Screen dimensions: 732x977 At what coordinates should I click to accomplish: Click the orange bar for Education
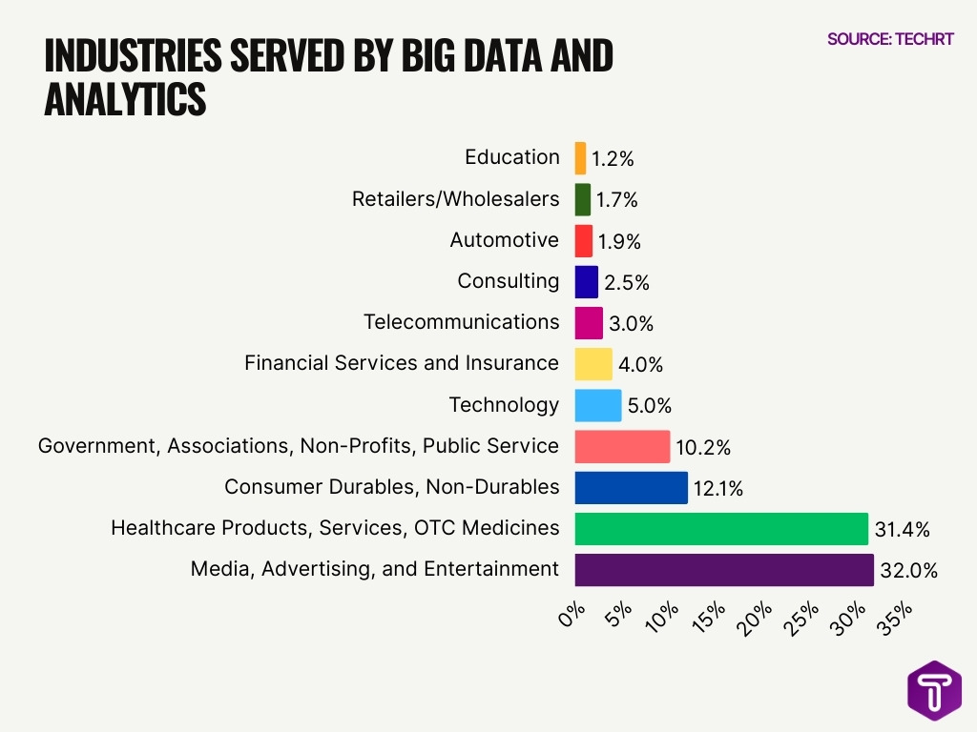click(x=580, y=158)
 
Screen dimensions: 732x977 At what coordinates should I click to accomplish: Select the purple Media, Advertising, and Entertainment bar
click(x=724, y=570)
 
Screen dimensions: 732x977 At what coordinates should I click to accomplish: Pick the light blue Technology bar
click(x=598, y=405)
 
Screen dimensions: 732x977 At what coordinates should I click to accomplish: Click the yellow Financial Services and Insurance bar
click(x=593, y=364)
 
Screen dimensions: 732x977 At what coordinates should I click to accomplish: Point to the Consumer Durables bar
click(x=631, y=487)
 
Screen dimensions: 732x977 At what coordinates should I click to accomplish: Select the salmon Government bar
click(x=622, y=446)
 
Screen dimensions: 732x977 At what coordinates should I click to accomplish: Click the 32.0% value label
click(x=909, y=571)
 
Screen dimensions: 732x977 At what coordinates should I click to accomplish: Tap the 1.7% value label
click(x=617, y=200)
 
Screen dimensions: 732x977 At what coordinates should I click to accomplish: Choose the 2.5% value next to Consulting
click(x=627, y=282)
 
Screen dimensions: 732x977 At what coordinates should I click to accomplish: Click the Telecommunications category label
click(x=461, y=322)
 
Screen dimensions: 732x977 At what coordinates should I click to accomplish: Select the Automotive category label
click(x=504, y=240)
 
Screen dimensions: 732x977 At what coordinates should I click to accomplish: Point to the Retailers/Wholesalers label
click(x=455, y=199)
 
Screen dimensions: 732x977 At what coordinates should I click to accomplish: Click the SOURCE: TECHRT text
click(x=889, y=39)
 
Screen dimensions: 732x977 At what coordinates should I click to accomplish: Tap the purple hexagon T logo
click(x=934, y=691)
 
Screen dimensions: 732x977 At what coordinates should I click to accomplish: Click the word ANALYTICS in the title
click(x=125, y=100)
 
